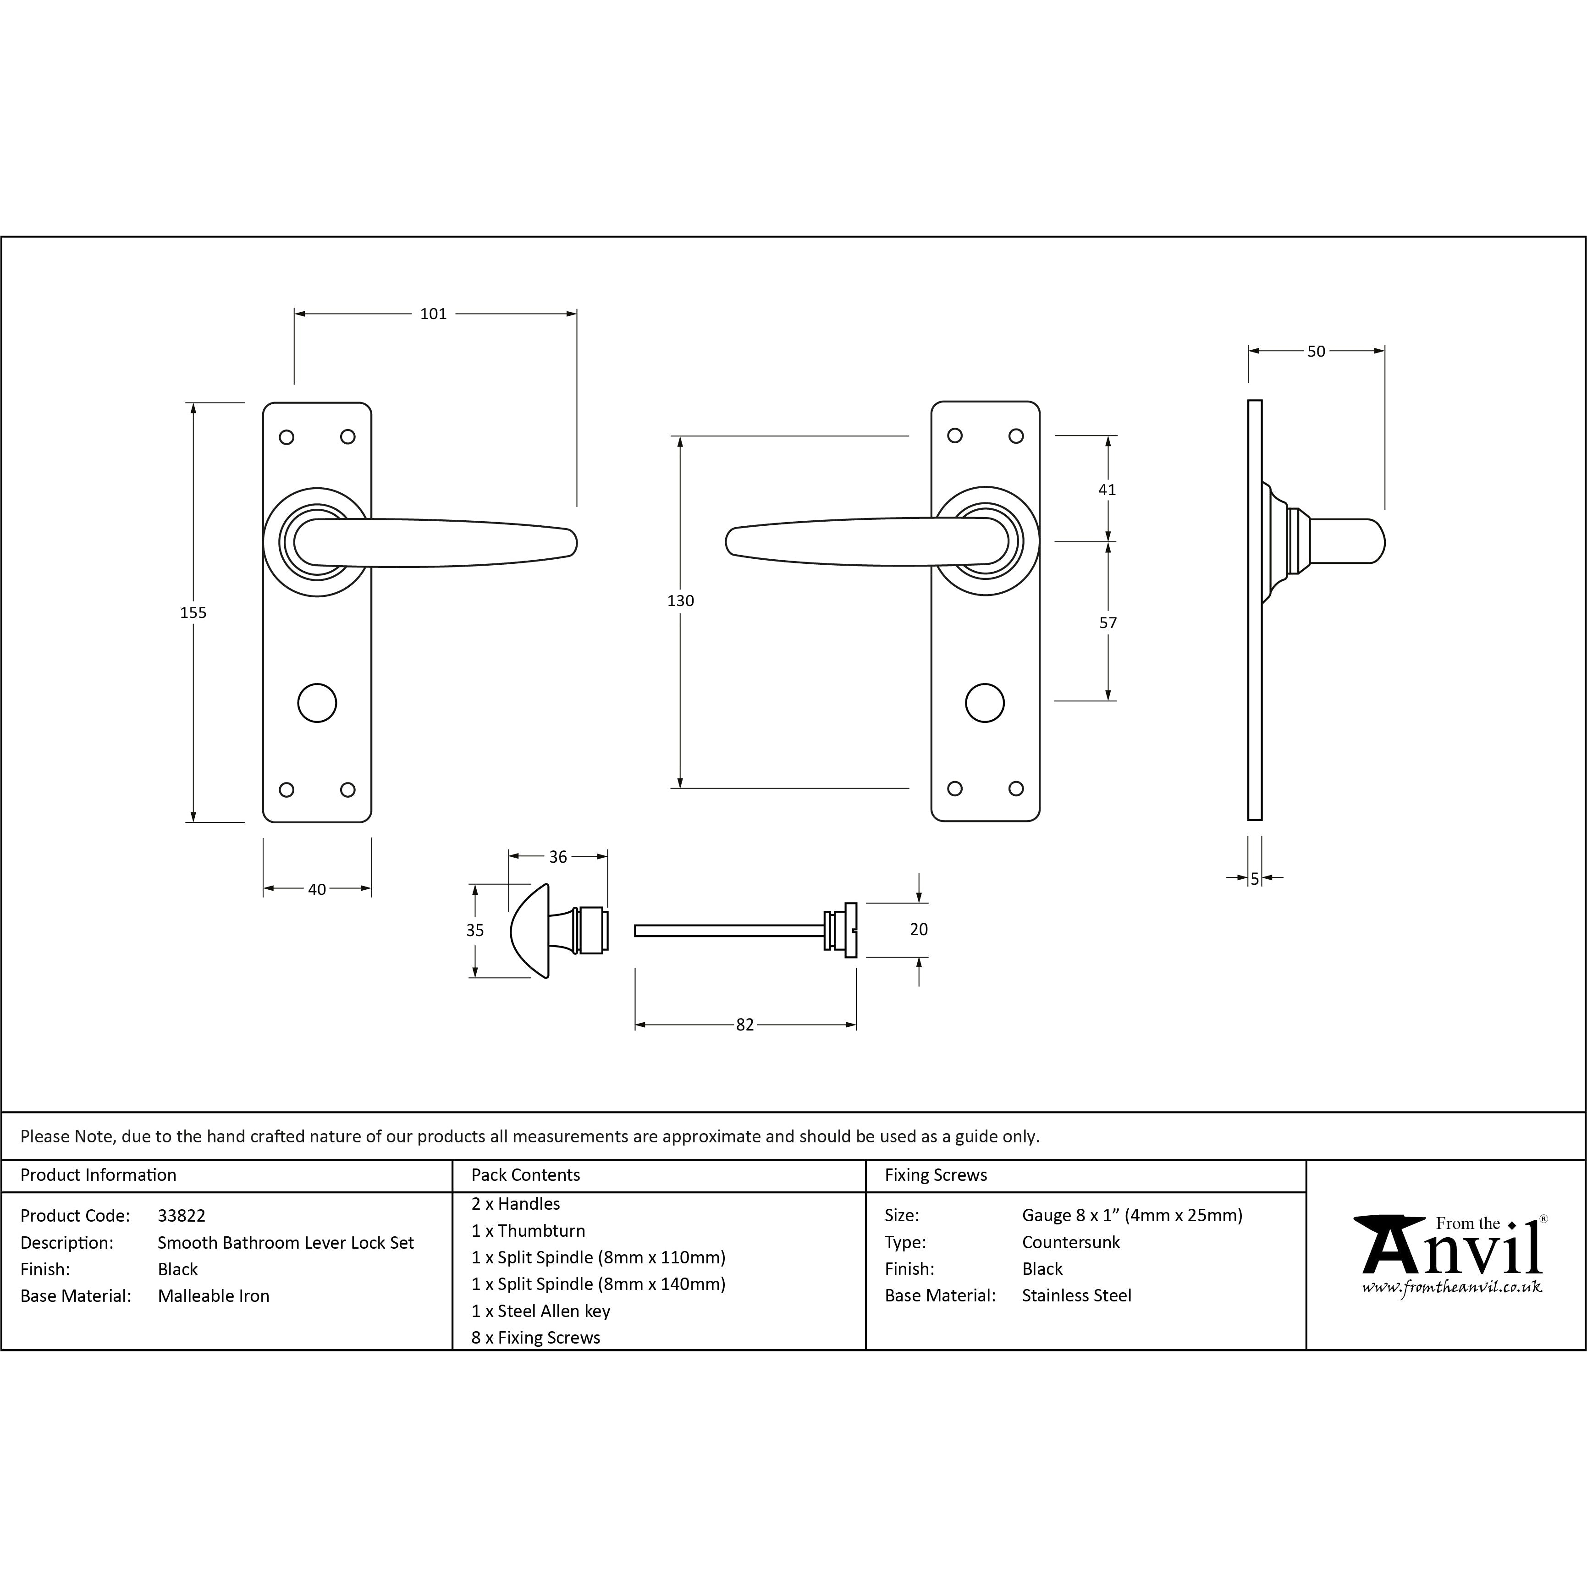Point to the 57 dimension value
pyautogui.click(x=1108, y=623)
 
